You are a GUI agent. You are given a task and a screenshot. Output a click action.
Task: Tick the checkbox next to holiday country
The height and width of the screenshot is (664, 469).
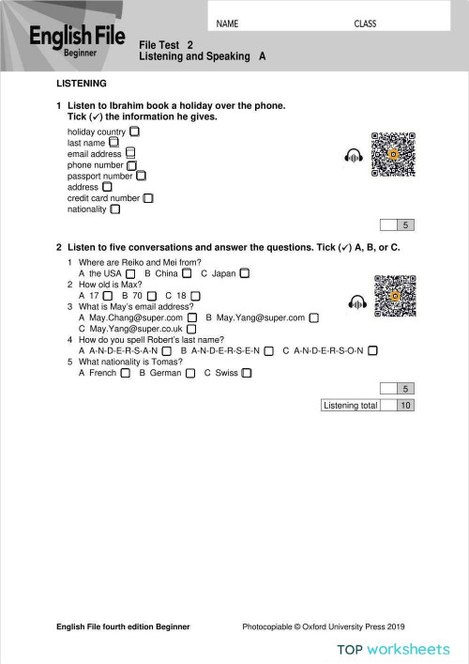click(135, 132)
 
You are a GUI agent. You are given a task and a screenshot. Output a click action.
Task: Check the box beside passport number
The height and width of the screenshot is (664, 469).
click(142, 176)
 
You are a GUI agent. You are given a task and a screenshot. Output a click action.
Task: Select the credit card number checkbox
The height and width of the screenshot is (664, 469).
click(148, 198)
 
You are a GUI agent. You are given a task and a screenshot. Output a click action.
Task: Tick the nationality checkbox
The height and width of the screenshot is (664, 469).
click(114, 209)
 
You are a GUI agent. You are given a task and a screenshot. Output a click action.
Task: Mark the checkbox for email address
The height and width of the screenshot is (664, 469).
click(130, 153)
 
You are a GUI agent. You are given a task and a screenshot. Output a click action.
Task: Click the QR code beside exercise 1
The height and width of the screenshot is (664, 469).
click(393, 155)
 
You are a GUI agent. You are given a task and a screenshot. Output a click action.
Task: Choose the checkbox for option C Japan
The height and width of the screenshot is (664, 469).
click(244, 273)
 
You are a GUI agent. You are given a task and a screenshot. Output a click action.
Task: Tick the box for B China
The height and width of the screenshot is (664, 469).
click(188, 273)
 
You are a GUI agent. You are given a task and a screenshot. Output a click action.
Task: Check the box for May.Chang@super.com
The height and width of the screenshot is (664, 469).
click(191, 317)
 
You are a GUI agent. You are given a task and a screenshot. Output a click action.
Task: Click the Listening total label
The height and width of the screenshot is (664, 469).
click(350, 406)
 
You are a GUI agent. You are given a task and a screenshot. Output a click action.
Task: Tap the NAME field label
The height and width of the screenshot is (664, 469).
click(227, 23)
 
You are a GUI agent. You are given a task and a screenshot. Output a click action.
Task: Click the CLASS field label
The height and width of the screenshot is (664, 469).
click(365, 23)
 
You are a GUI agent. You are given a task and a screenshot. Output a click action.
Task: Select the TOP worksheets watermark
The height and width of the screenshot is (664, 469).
click(394, 649)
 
